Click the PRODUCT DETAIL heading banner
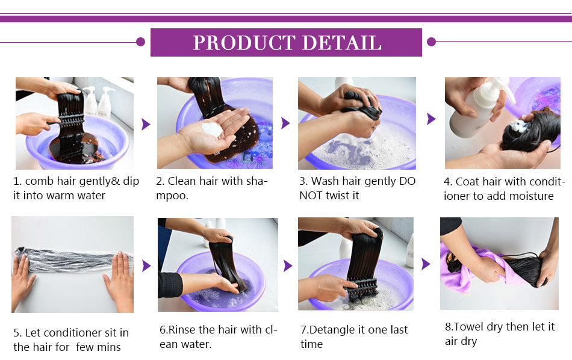(x=286, y=42)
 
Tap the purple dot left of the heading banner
(x=140, y=42)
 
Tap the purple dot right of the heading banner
(x=431, y=42)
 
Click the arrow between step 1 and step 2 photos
(x=146, y=124)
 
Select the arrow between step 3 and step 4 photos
(x=431, y=119)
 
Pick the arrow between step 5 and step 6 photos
(x=146, y=265)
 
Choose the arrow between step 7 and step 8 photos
(x=426, y=263)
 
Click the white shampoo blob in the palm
(x=212, y=129)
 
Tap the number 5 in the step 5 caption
(x=16, y=333)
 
